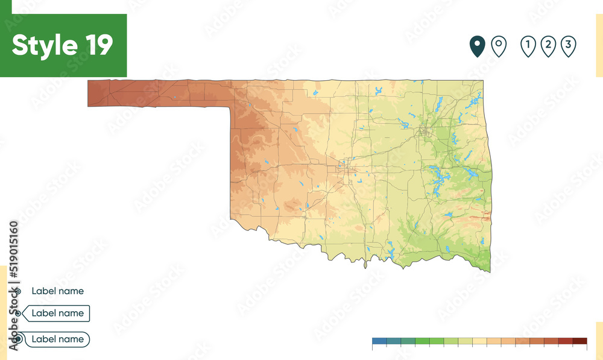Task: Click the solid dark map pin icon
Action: [478, 45]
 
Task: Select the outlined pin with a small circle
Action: [498, 45]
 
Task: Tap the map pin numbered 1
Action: [528, 45]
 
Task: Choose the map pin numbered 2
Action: [548, 45]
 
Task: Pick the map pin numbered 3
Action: [568, 45]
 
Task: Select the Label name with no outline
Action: [57, 291]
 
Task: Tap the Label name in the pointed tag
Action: [57, 313]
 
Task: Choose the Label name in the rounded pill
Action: [57, 339]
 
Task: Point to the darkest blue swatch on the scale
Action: [379, 341]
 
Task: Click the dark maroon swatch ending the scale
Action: [579, 341]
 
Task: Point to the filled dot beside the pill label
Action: [19, 339]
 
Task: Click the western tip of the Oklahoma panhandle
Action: [89, 93]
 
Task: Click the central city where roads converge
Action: [346, 167]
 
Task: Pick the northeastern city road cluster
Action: [424, 131]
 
